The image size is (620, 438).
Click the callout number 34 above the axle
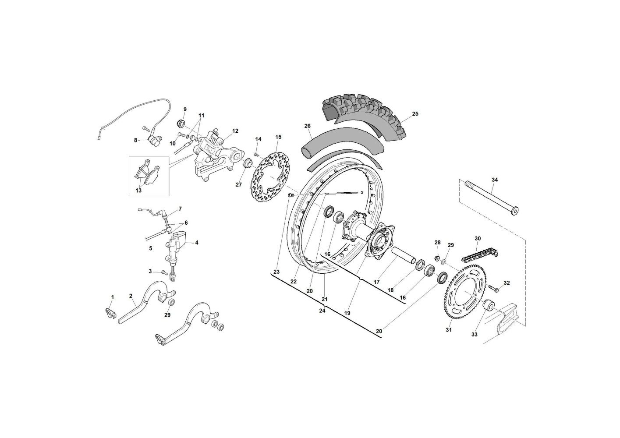(495, 180)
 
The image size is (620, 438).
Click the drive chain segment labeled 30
(480, 255)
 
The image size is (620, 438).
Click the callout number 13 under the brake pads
(138, 191)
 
